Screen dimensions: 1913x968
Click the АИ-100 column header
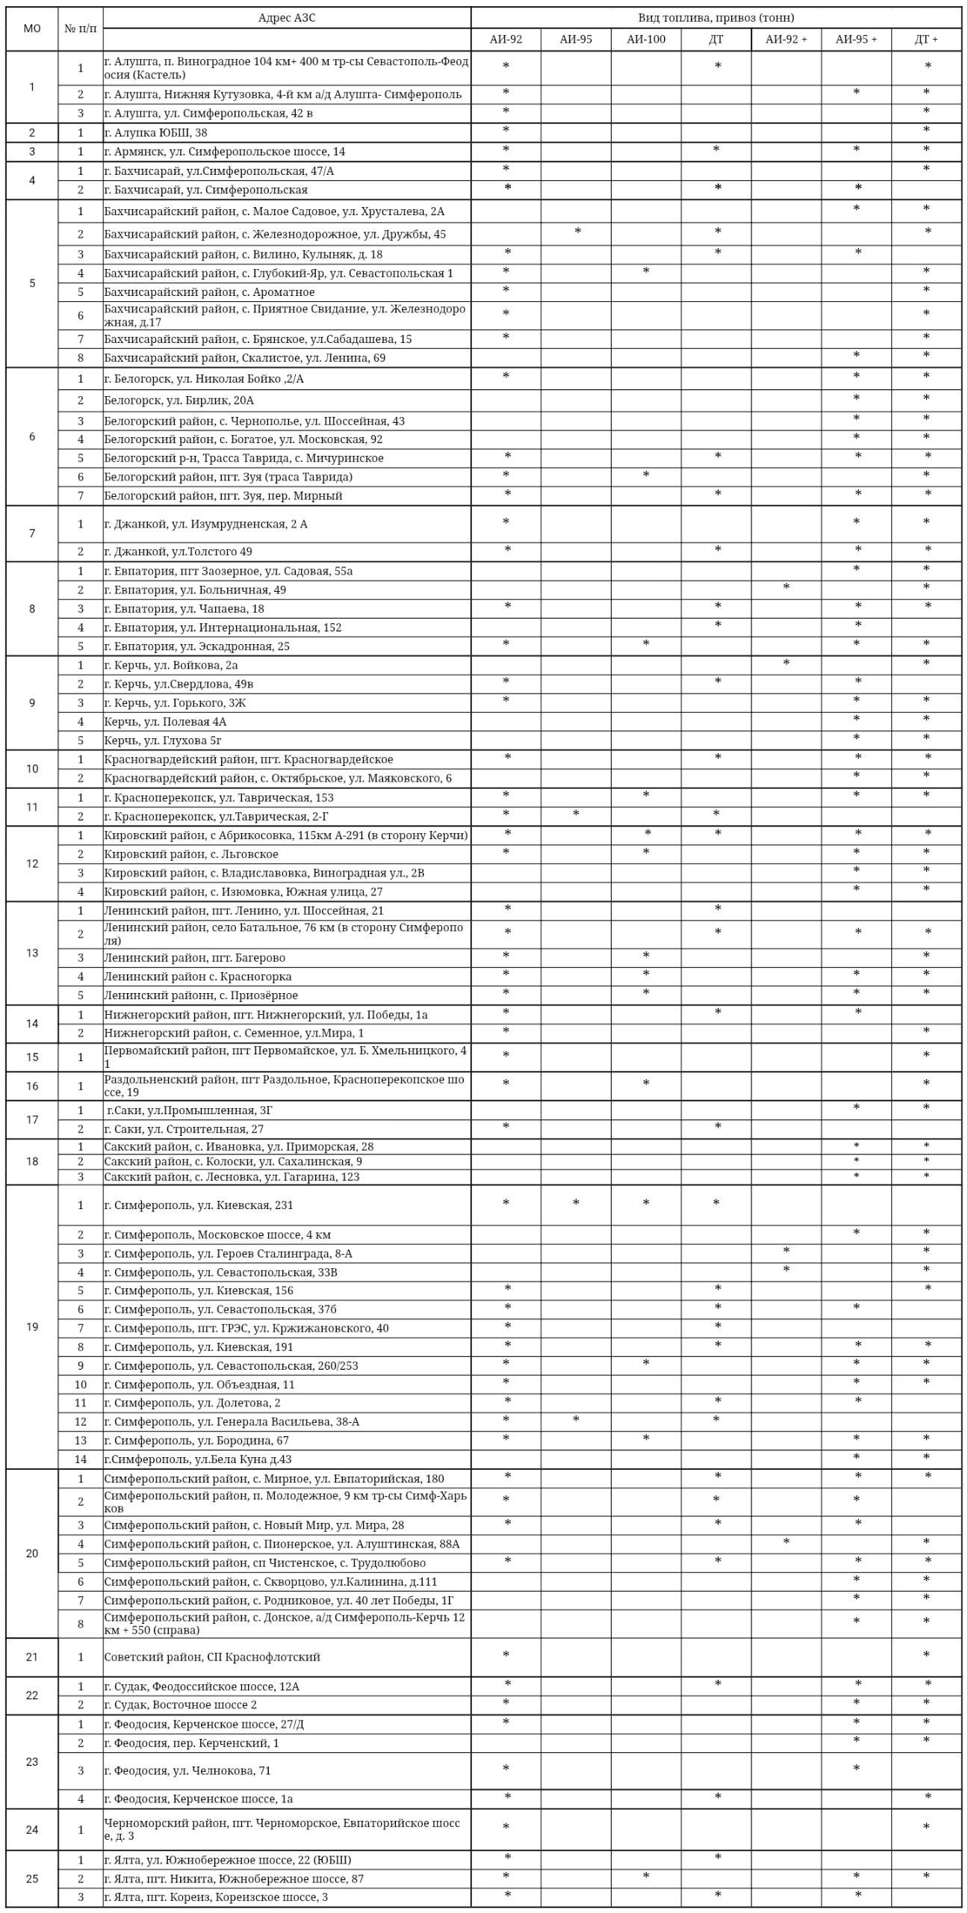point(645,40)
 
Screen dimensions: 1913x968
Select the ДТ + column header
point(926,40)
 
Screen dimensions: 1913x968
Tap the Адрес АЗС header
point(287,18)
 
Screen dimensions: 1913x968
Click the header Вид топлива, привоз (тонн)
point(716,18)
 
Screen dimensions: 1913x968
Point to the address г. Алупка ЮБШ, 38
point(156,133)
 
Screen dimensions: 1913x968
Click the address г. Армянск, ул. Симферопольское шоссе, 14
point(225,152)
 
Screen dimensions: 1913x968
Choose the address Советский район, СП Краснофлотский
point(212,1657)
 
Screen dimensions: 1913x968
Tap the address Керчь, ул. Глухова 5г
point(163,741)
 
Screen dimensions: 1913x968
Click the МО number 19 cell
point(32,1326)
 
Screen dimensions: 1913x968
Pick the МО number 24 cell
point(32,1829)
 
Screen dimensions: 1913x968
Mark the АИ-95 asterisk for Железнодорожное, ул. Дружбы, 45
point(577,232)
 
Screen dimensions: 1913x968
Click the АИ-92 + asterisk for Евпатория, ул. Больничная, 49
point(786,587)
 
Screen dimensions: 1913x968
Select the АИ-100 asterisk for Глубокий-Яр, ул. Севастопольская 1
point(646,271)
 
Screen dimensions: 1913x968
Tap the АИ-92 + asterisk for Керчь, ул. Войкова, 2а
point(786,663)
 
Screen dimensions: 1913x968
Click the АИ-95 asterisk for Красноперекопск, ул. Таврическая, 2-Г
point(576,814)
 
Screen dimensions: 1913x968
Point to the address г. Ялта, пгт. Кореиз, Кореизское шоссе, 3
point(216,1897)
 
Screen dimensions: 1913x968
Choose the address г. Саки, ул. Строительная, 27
point(184,1129)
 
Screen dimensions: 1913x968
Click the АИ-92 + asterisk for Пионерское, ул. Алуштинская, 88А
point(786,1542)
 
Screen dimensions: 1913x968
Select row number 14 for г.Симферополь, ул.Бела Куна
point(81,1459)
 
